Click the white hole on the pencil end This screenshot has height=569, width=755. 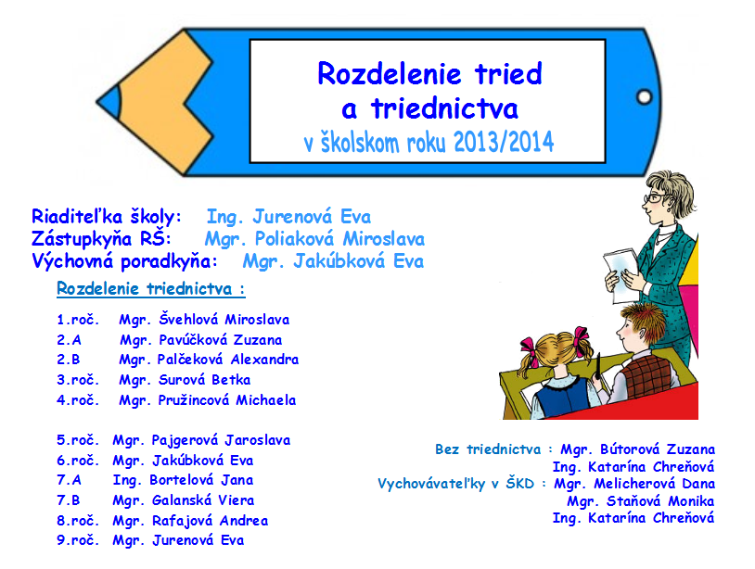pyautogui.click(x=645, y=97)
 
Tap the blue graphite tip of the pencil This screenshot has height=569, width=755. pyautogui.click(x=109, y=102)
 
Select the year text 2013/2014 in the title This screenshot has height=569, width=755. pyautogui.click(x=504, y=142)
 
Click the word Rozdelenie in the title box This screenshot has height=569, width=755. pyautogui.click(x=389, y=73)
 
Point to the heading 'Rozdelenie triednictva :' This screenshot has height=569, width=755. pyautogui.click(x=150, y=288)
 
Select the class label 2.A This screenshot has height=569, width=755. pyautogui.click(x=69, y=340)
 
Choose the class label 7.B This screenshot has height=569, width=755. pyautogui.click(x=69, y=500)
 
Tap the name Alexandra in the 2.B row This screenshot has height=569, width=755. pyautogui.click(x=264, y=360)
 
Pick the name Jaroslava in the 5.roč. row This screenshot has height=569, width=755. pyautogui.click(x=258, y=440)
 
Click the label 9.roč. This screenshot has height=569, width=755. pyautogui.click(x=78, y=540)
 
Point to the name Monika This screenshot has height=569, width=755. pyautogui.click(x=690, y=501)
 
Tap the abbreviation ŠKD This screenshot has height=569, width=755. pyautogui.click(x=520, y=483)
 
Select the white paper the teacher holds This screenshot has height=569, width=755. pyautogui.click(x=621, y=274)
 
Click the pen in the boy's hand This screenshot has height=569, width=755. pyautogui.click(x=598, y=366)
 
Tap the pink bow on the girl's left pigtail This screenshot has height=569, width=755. pyautogui.click(x=528, y=348)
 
